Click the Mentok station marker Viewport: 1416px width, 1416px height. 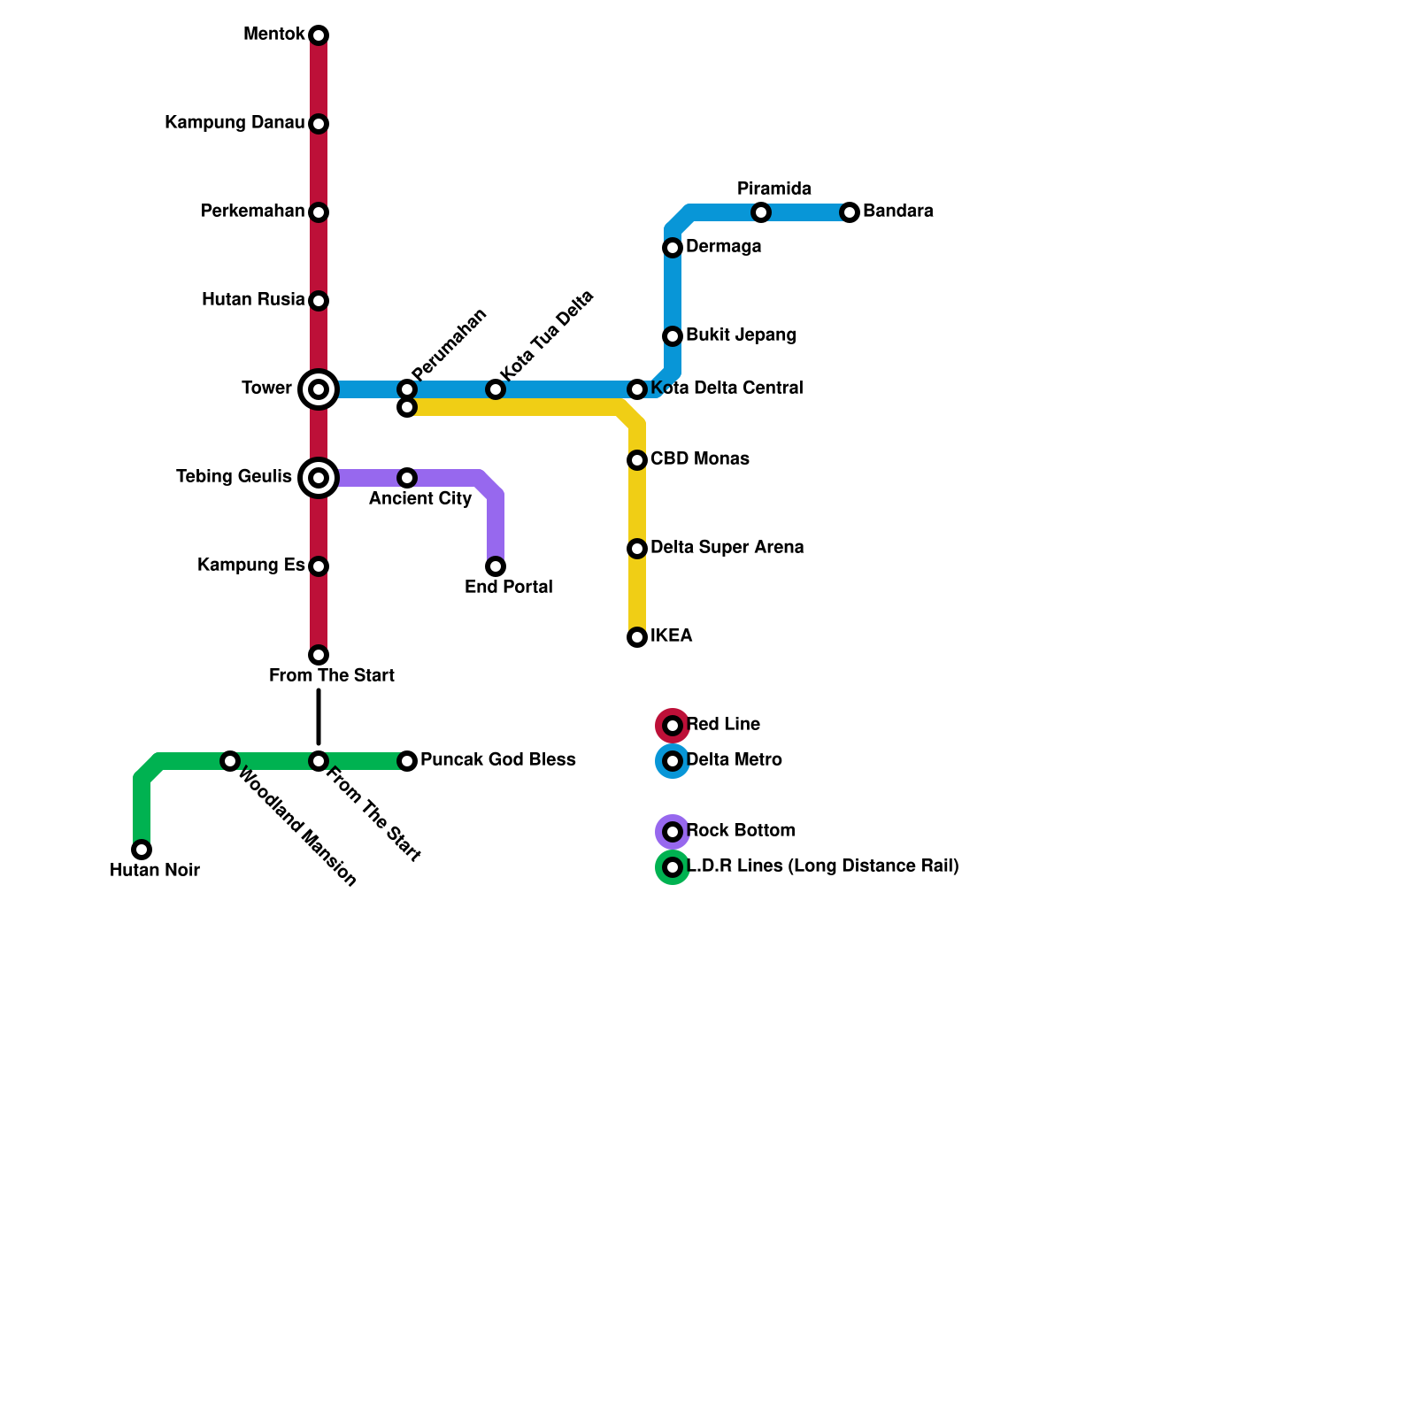[x=319, y=35]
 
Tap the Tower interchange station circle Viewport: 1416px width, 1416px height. [x=319, y=389]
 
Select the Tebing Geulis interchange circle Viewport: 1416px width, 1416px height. [x=319, y=478]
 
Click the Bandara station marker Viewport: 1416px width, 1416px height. [x=850, y=212]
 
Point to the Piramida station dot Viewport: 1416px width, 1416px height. [x=761, y=212]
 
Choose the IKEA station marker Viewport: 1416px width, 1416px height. [x=637, y=637]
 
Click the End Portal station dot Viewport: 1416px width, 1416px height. [x=496, y=566]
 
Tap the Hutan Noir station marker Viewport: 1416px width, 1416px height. [x=142, y=850]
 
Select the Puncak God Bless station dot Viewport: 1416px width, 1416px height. [x=407, y=761]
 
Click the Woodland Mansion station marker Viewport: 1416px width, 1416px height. [x=230, y=761]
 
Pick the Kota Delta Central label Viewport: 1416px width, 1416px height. [x=727, y=389]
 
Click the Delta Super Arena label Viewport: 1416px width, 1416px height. [x=727, y=548]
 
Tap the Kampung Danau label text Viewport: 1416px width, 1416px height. [x=235, y=123]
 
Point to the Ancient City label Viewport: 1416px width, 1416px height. [x=420, y=499]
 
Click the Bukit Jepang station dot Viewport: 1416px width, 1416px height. [x=673, y=336]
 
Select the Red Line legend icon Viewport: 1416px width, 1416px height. [x=673, y=726]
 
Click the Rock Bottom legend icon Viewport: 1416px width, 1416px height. [x=673, y=832]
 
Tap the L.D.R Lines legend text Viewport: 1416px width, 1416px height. [x=823, y=866]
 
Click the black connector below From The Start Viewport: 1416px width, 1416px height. [x=319, y=717]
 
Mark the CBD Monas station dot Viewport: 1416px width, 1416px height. [x=637, y=460]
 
